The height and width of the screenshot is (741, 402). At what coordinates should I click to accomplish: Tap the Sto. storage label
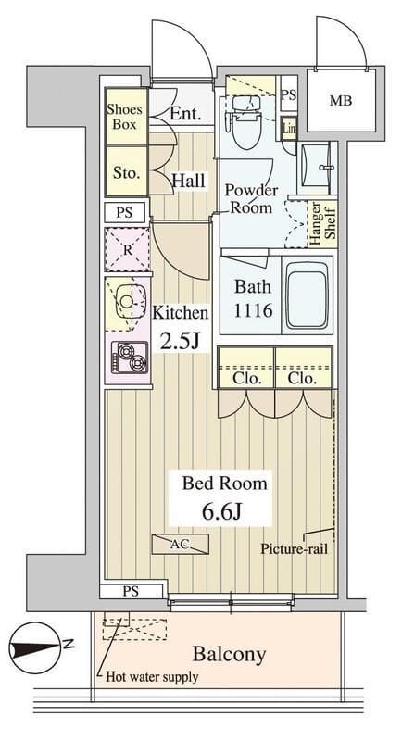(125, 172)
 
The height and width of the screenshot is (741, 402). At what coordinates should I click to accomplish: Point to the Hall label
(190, 181)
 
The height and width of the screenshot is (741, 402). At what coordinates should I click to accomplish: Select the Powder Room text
(249, 199)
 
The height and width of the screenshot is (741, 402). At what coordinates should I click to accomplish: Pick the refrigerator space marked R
(126, 248)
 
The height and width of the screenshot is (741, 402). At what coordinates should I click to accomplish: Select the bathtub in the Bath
(306, 295)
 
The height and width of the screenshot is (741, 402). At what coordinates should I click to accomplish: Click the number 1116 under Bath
(252, 309)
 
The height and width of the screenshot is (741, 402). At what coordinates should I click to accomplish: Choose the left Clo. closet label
(246, 379)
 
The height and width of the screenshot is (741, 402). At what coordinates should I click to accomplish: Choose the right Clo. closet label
(303, 379)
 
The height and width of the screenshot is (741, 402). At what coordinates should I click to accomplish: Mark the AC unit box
(180, 544)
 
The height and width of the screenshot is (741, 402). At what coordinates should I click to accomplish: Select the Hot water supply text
(152, 677)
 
